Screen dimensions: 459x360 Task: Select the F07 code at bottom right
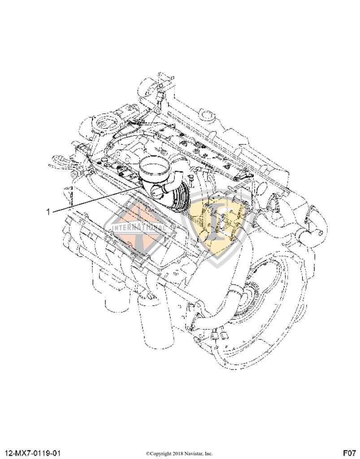point(349,453)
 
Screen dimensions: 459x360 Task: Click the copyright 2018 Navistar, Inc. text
point(179,453)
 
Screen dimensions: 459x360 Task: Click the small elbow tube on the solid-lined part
point(160,193)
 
